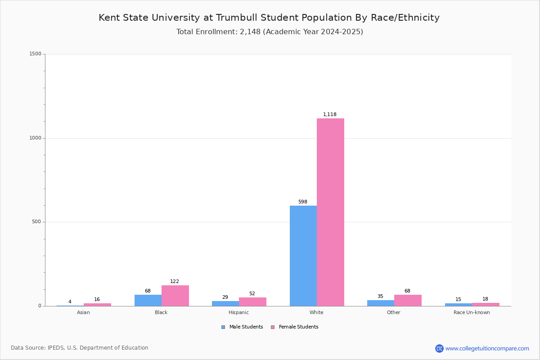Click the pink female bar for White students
330,212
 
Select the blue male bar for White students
303,256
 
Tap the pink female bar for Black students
175,296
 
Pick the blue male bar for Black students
148,301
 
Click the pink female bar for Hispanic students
252,302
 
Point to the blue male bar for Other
381,303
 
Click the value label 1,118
330,114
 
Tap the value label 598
303,202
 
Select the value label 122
175,281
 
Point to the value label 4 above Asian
70,301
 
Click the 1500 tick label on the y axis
36,54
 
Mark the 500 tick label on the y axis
36,221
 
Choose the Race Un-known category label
472,312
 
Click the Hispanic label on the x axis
238,312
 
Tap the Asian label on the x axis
83,312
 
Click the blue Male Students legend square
223,327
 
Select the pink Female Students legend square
273,327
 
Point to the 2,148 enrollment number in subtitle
250,32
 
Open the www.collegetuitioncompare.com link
487,348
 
